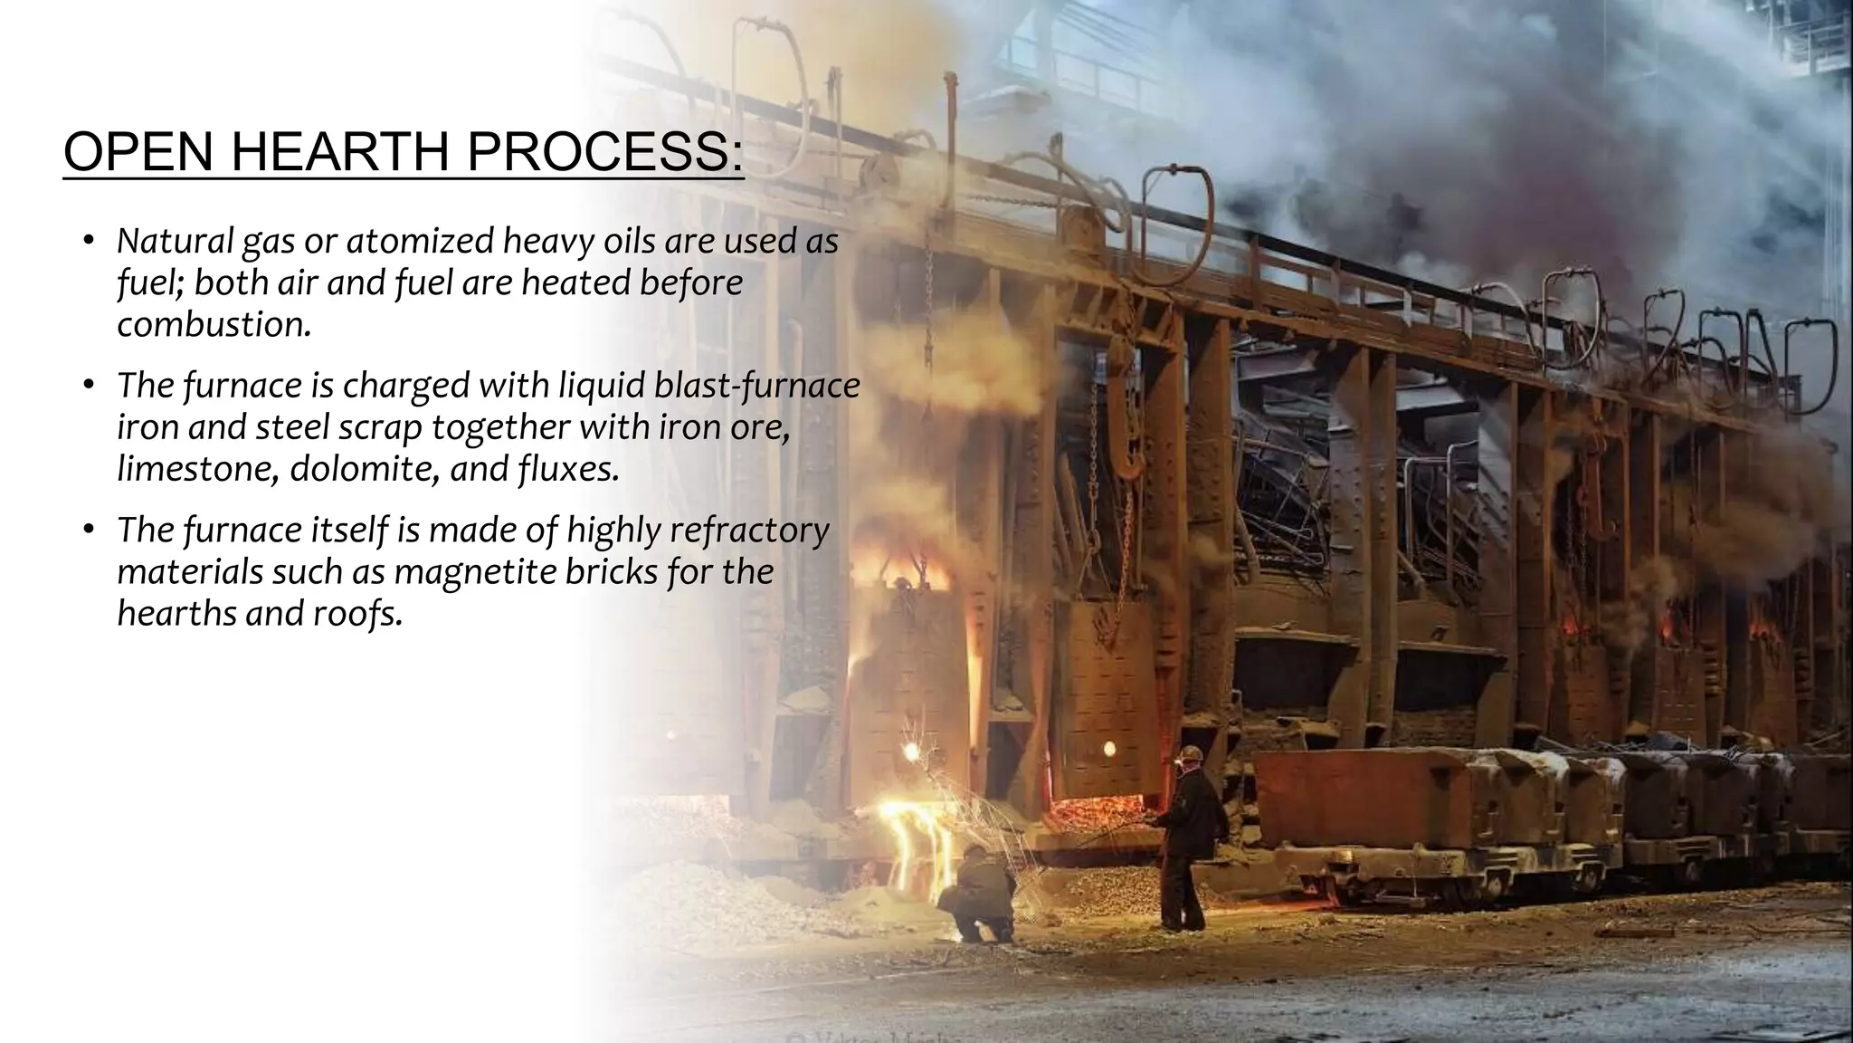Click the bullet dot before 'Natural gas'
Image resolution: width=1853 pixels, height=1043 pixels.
tap(88, 241)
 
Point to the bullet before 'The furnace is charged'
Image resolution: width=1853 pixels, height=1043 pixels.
tap(88, 386)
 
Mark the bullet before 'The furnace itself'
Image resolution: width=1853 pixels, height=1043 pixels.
tap(88, 531)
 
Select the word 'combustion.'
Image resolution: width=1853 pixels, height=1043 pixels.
tap(214, 325)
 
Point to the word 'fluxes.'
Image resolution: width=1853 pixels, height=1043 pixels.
tap(568, 470)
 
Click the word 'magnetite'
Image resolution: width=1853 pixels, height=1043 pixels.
tap(472, 572)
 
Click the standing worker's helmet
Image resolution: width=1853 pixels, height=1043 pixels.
tap(1193, 754)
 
